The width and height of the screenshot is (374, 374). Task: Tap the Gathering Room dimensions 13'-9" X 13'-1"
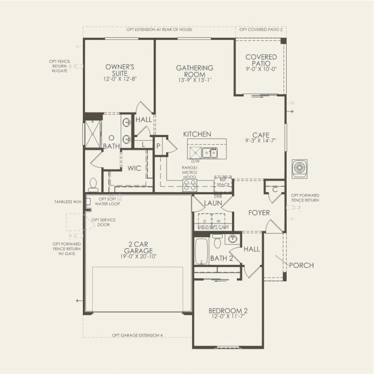pos(194,80)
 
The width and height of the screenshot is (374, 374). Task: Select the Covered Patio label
pos(261,60)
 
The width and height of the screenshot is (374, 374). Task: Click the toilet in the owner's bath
pos(93,184)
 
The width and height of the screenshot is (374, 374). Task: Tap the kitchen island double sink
pos(208,153)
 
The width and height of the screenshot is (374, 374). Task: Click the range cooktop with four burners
pos(189,185)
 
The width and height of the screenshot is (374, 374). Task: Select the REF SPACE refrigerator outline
pos(223,182)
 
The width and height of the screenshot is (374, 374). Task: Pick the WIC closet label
pos(134,168)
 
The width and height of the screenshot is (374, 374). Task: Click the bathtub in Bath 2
pos(202,251)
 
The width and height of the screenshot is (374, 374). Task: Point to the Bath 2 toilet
pos(217,241)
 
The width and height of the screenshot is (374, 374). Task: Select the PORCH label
pos(301,265)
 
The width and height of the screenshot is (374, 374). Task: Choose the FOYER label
pos(259,213)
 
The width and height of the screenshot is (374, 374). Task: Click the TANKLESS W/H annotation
pos(68,202)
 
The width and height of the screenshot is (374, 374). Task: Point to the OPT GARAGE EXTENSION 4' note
pos(138,335)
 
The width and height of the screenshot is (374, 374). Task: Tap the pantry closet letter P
pos(158,146)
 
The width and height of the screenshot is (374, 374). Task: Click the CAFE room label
pos(261,134)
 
